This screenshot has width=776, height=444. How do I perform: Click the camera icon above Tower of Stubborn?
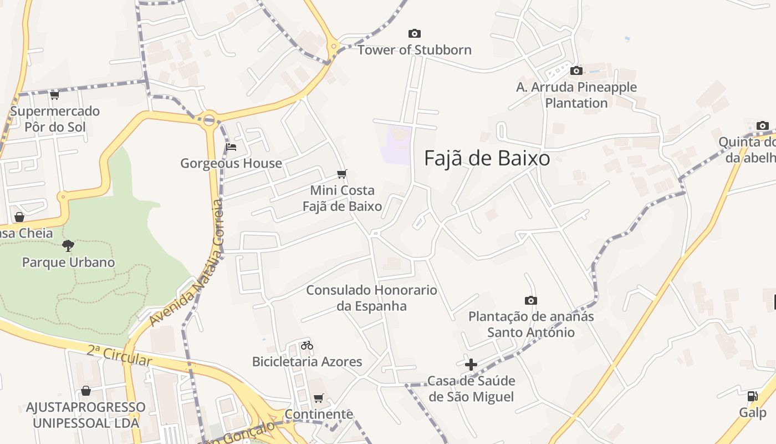pyautogui.click(x=414, y=34)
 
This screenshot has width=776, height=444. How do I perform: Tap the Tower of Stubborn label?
pyautogui.click(x=414, y=50)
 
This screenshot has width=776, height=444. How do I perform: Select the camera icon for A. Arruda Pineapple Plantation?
pyautogui.click(x=576, y=71)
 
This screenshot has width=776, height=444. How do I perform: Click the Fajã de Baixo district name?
pyautogui.click(x=487, y=159)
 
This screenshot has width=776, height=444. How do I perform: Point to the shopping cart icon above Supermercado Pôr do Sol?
pyautogui.click(x=54, y=95)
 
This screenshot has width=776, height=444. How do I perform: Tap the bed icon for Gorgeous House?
pyautogui.click(x=231, y=147)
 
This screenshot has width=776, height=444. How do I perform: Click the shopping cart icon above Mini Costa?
pyautogui.click(x=342, y=174)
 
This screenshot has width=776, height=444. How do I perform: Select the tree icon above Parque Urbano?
pyautogui.click(x=68, y=245)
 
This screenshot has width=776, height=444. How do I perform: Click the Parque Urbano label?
pyautogui.click(x=68, y=263)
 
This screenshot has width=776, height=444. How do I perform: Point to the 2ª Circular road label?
pyautogui.click(x=119, y=355)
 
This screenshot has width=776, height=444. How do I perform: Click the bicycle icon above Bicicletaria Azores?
pyautogui.click(x=307, y=345)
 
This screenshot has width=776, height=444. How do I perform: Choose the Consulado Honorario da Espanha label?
pyautogui.click(x=371, y=298)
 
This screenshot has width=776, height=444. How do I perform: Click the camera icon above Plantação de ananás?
pyautogui.click(x=530, y=300)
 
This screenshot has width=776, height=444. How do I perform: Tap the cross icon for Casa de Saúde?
pyautogui.click(x=471, y=365)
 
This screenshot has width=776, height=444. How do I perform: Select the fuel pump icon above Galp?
pyautogui.click(x=752, y=396)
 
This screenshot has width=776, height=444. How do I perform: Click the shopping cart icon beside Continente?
pyautogui.click(x=318, y=398)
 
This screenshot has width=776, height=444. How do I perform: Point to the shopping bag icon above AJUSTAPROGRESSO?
pyautogui.click(x=86, y=391)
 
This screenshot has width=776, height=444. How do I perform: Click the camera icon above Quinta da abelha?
pyautogui.click(x=763, y=125)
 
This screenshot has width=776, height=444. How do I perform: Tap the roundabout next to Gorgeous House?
pyautogui.click(x=209, y=119)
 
